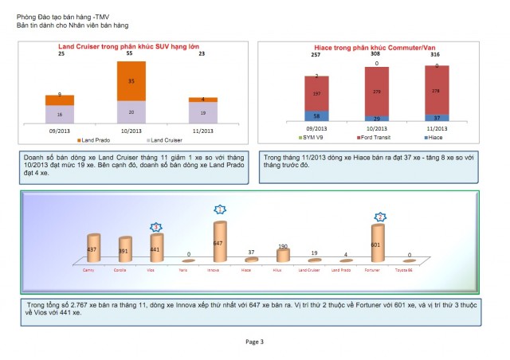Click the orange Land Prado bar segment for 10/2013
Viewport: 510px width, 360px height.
[x=131, y=80]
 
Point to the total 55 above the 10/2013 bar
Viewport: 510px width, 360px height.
[x=131, y=54]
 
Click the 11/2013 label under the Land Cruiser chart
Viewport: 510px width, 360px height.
[x=202, y=130]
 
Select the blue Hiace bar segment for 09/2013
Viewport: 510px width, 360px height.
[x=316, y=116]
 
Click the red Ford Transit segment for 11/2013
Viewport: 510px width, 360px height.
[x=436, y=91]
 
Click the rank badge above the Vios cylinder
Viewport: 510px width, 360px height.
[x=156, y=226]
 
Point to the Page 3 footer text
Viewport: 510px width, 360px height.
[x=255, y=342]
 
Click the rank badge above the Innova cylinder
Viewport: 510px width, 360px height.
[x=219, y=209]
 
